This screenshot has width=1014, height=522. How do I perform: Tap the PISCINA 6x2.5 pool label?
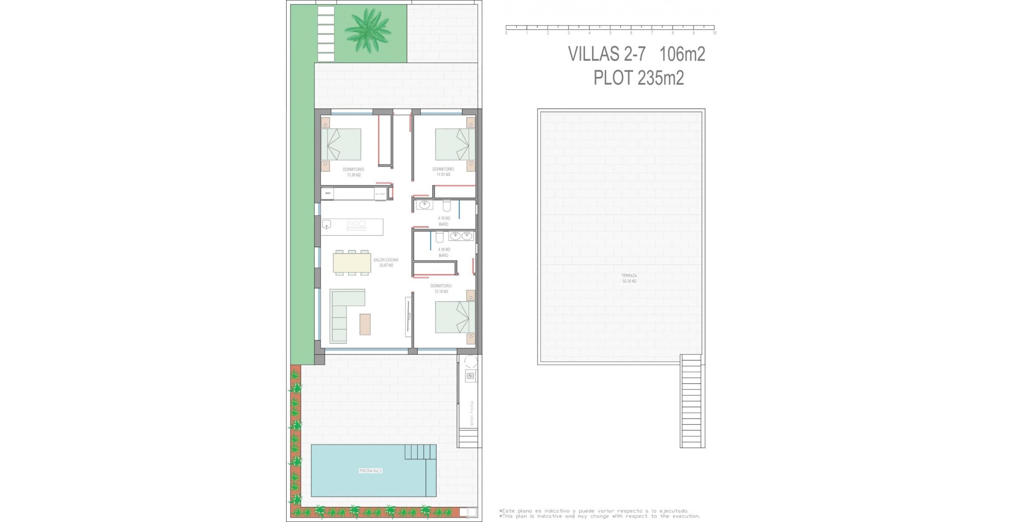point(371,471)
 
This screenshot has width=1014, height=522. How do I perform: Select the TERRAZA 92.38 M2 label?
point(629,278)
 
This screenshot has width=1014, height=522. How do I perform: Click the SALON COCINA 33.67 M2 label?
point(386,263)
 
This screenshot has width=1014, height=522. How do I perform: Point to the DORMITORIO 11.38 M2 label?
point(353,172)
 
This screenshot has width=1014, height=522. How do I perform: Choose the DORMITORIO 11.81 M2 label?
point(443,172)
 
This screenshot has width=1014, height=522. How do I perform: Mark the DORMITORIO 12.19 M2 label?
point(441,289)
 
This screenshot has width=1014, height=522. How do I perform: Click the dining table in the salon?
point(352,263)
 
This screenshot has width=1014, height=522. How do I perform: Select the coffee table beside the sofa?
point(365,324)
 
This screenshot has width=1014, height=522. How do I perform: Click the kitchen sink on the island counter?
point(326,224)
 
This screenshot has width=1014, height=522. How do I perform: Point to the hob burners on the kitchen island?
point(356,224)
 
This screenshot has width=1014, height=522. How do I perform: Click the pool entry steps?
point(420,452)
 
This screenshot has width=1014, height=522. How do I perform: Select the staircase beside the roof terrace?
point(691,401)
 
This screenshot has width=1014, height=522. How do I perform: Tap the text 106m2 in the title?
point(682,54)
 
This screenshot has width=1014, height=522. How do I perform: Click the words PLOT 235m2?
point(639,78)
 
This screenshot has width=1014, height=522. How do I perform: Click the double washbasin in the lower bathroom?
point(461,236)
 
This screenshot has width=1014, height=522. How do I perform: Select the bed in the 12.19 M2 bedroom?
point(455,317)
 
